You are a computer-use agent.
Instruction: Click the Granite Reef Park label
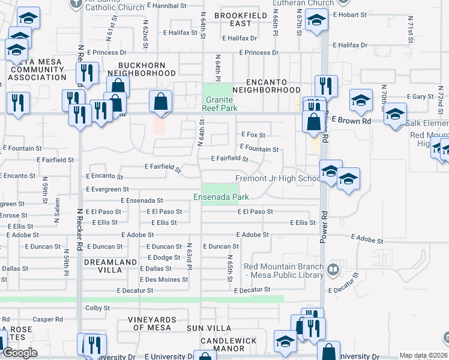(221, 104)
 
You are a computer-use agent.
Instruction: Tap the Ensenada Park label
(221, 197)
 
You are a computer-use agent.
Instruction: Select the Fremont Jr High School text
(278, 179)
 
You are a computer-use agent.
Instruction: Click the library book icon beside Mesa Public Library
(334, 271)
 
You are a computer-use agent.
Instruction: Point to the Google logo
(20, 353)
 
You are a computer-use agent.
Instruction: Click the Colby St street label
(97, 308)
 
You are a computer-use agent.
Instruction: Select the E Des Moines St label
(164, 280)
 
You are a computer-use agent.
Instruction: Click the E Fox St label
(253, 135)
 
